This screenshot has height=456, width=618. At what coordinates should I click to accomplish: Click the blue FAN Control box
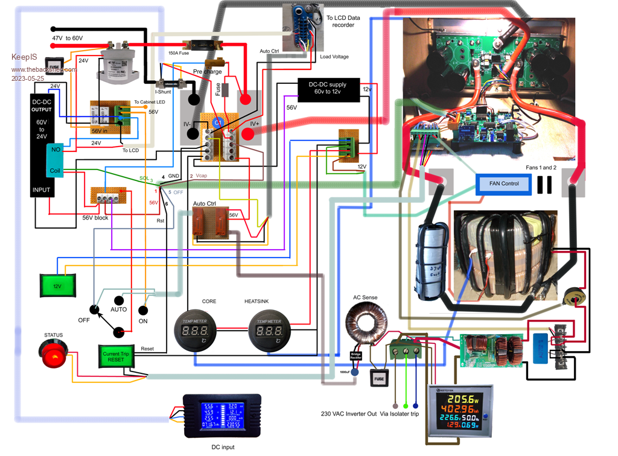[504, 183]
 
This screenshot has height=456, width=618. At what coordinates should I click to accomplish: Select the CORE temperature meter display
[195, 332]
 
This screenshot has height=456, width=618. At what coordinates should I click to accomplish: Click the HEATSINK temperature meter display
[269, 332]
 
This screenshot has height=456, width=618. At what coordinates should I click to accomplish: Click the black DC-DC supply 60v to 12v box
[330, 88]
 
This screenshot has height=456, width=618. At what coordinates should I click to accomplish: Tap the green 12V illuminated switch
[57, 286]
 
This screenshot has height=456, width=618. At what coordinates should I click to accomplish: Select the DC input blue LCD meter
[222, 416]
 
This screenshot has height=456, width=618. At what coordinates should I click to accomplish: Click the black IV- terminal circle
[194, 100]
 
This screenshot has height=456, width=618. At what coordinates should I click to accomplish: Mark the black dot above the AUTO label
[119, 300]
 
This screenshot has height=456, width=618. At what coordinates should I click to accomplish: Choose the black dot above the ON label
[143, 311]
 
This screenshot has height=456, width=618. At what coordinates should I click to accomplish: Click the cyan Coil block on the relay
[55, 170]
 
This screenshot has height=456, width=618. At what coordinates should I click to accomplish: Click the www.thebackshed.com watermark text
[44, 69]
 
